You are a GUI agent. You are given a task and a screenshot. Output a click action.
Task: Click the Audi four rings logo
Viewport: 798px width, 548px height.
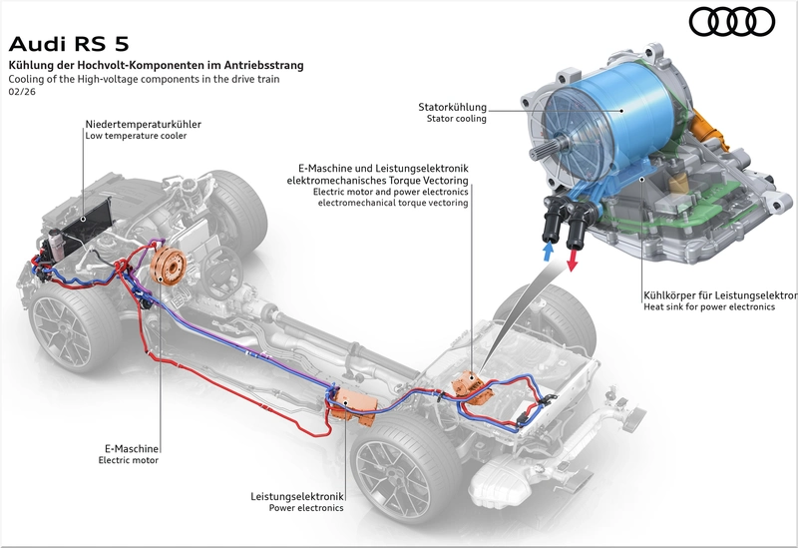click(x=732, y=22)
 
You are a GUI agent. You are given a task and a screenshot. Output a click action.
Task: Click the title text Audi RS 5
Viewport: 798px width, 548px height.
click(x=69, y=44)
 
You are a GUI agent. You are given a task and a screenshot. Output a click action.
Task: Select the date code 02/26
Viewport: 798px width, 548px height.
click(x=22, y=92)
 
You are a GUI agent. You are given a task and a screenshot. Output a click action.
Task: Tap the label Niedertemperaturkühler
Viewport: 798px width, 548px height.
click(x=143, y=124)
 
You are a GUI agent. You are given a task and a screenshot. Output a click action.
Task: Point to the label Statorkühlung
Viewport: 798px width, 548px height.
click(x=453, y=107)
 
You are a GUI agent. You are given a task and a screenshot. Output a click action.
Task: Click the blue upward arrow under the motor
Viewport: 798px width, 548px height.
click(x=549, y=252)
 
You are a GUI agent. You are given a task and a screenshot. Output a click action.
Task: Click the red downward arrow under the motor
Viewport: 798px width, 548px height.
click(x=572, y=260)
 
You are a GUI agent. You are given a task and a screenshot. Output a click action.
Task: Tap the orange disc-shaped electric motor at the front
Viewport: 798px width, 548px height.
click(x=169, y=264)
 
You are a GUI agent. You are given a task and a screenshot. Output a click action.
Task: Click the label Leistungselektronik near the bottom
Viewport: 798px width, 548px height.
click(x=296, y=496)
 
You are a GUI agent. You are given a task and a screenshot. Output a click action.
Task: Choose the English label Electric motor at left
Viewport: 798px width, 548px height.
click(x=129, y=460)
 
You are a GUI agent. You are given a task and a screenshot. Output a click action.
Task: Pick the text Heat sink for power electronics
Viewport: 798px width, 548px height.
click(x=709, y=307)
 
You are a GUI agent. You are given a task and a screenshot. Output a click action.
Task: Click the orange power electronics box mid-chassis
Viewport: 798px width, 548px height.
click(x=354, y=404)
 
